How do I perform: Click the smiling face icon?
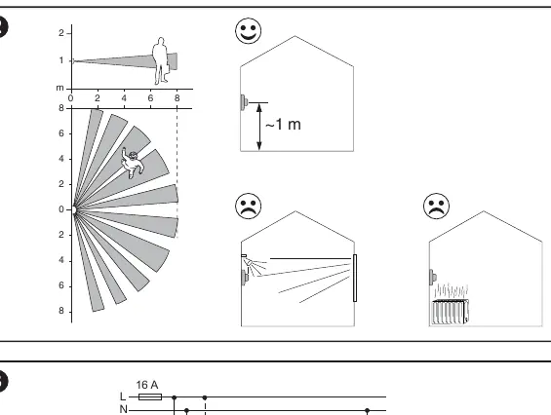coord(248,31)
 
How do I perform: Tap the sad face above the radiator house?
coord(437,207)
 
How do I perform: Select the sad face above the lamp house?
coord(248,207)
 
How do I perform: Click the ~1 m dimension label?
coord(283,125)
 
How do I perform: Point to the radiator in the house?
coord(451,312)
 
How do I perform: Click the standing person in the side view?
coord(161,60)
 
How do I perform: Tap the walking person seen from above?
coord(132,163)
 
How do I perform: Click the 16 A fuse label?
coord(147,385)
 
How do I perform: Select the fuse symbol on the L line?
coord(150,397)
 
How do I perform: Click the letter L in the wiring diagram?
coord(123,396)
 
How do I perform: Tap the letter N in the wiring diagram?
coord(123,409)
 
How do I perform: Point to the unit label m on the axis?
coord(60,88)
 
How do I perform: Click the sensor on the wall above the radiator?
coord(433,277)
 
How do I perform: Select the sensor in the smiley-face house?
coord(244,102)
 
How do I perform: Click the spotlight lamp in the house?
coord(249,262)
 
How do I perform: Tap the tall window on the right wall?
coord(355,278)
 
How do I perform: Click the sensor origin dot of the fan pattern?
coord(74,210)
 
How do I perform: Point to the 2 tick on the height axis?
coord(61,33)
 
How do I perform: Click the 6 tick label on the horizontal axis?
coord(150,98)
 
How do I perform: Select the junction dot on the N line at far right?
coord(368,410)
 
